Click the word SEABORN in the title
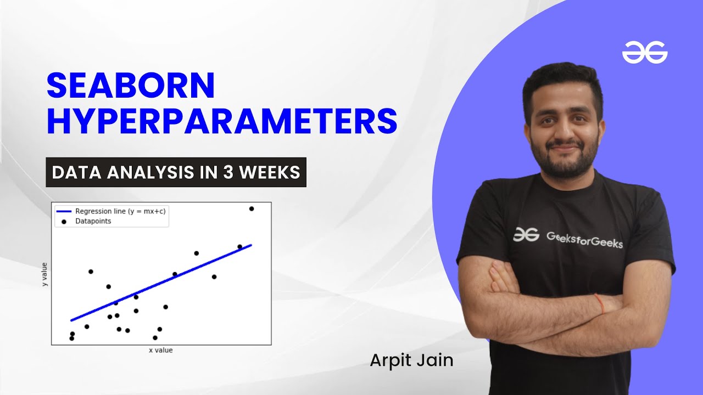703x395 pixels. (x=131, y=85)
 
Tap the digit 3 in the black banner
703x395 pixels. (x=227, y=172)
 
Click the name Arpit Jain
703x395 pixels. (x=411, y=360)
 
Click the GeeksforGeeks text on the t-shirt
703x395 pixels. (x=584, y=240)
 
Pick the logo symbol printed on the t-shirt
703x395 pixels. (x=526, y=234)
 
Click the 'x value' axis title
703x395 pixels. (x=161, y=350)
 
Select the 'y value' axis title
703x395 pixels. (x=44, y=274)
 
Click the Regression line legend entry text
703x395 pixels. (x=120, y=211)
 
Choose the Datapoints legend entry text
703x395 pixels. (x=93, y=221)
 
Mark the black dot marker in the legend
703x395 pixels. (x=64, y=222)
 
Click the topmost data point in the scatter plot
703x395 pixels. (x=252, y=209)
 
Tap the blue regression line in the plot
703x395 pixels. (x=161, y=283)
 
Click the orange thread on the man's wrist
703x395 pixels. (x=599, y=303)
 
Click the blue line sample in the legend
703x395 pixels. (x=64, y=211)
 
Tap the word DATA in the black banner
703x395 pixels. (x=76, y=172)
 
